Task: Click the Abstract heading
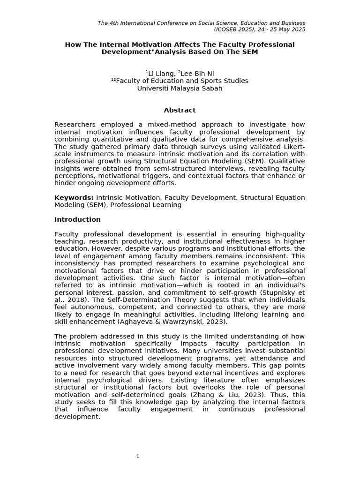pyautogui.click(x=180, y=110)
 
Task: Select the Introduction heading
pyautogui.click(x=77, y=219)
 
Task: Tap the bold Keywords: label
pyautogui.click(x=74, y=198)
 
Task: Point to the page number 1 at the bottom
pyautogui.click(x=138, y=456)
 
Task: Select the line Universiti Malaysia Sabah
pyautogui.click(x=180, y=88)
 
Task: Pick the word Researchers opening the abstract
pyautogui.click(x=75, y=125)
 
